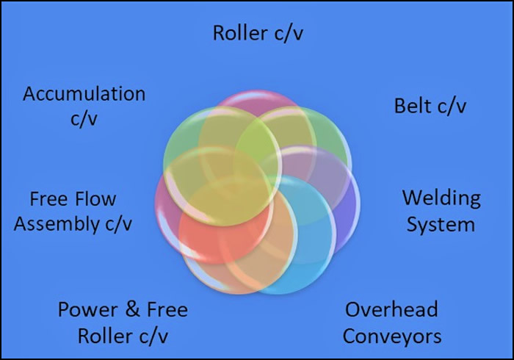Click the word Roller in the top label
point(236,33)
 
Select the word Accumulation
point(84,94)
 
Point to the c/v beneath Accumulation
point(84,119)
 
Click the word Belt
point(413,106)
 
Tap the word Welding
point(441,198)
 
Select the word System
point(441,223)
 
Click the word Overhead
point(391,309)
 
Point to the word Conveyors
point(392,336)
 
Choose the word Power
point(87,309)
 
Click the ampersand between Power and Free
point(132,309)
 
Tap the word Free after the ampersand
point(165,309)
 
